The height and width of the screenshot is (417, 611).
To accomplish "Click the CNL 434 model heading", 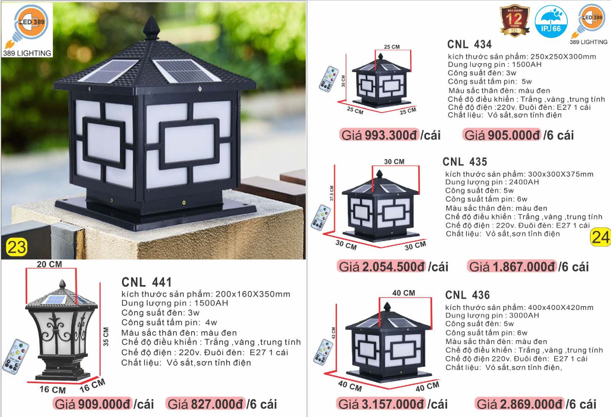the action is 469,44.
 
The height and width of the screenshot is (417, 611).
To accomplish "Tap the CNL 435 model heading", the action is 465,162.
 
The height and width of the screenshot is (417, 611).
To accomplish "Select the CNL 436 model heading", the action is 468,295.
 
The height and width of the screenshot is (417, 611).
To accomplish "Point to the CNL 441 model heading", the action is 146,282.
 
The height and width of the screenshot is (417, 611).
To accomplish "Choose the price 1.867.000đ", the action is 524,267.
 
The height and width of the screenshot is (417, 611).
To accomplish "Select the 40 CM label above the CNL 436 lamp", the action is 404,293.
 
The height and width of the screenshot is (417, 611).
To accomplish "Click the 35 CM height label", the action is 106,337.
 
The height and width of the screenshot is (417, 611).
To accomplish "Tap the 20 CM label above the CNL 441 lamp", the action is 49,264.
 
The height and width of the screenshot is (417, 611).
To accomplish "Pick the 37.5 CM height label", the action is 332,193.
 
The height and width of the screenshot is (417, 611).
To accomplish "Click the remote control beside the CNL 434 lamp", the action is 329,79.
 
